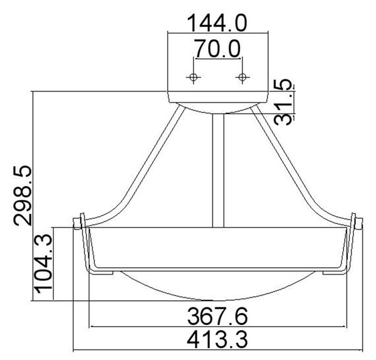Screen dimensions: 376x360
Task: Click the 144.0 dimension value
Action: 217,23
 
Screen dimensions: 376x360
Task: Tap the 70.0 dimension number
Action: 217,49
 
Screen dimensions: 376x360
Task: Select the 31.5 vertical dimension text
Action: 284,102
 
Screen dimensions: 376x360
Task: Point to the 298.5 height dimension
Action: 23,196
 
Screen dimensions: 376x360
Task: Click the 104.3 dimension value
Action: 44,263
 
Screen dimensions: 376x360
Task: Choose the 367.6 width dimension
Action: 217,316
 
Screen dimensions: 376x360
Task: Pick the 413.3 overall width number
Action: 217,339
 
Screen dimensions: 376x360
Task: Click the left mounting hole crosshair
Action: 193,77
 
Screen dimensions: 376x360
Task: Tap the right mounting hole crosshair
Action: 242,77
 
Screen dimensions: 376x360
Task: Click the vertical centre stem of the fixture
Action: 218,171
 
